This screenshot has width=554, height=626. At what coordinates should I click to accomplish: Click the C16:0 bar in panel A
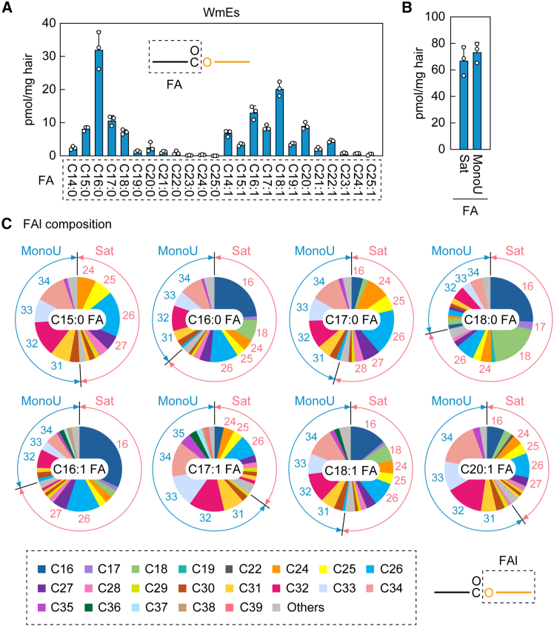pos(99,102)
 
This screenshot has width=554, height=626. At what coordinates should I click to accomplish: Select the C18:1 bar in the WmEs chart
pos(279,122)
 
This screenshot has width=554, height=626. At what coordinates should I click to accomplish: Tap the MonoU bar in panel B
pos(476,101)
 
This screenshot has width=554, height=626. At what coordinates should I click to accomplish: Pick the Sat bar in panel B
pos(464,105)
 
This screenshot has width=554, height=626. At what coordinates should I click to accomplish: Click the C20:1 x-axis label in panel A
pos(305,180)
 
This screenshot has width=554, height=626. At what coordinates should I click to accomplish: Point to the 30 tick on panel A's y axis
pos(49,56)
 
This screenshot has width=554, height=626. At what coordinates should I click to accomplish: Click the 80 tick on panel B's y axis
pos(438,43)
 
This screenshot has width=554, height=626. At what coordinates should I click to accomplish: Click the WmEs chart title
pos(221,13)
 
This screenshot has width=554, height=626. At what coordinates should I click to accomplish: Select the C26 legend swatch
pos(370,569)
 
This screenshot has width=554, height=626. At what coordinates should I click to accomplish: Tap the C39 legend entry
pos(244,607)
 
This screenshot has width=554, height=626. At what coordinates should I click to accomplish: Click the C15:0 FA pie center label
pos(78,319)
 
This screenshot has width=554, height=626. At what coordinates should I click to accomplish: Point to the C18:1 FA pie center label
pos(351,470)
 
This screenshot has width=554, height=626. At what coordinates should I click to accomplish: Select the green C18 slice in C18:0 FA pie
pos(513,342)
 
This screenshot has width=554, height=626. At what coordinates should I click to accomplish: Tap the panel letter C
pos(7,224)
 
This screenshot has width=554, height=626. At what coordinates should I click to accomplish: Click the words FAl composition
pos(67,224)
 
